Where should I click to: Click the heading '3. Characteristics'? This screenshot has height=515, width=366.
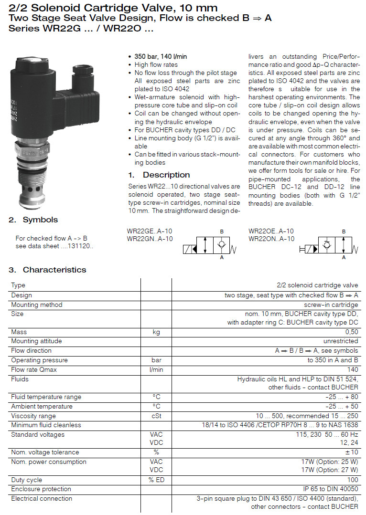coord(47,270)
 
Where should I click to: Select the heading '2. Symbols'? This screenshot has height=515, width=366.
coord(33,220)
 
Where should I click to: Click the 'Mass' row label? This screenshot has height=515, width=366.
coord(19,332)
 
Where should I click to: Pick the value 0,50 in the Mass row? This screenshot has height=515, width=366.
coord(351,332)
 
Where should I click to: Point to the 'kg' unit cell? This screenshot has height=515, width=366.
coord(156,332)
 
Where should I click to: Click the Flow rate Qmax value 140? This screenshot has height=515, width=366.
coord(353,369)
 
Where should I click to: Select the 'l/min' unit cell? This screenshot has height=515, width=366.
coord(156,369)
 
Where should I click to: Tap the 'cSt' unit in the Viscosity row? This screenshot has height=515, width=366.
coord(156,416)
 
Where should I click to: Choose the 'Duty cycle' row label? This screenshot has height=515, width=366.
coord(27,480)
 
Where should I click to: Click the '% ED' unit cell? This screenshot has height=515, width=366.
coord(156,480)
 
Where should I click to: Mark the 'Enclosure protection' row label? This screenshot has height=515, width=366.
coord(41,489)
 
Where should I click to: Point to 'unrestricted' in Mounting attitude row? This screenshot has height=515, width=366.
coord(341,341)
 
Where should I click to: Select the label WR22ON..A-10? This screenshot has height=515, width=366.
coord(271,239)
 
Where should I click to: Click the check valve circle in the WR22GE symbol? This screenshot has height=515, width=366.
coord(221,245)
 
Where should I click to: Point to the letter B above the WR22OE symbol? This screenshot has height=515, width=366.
coord(344,231)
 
